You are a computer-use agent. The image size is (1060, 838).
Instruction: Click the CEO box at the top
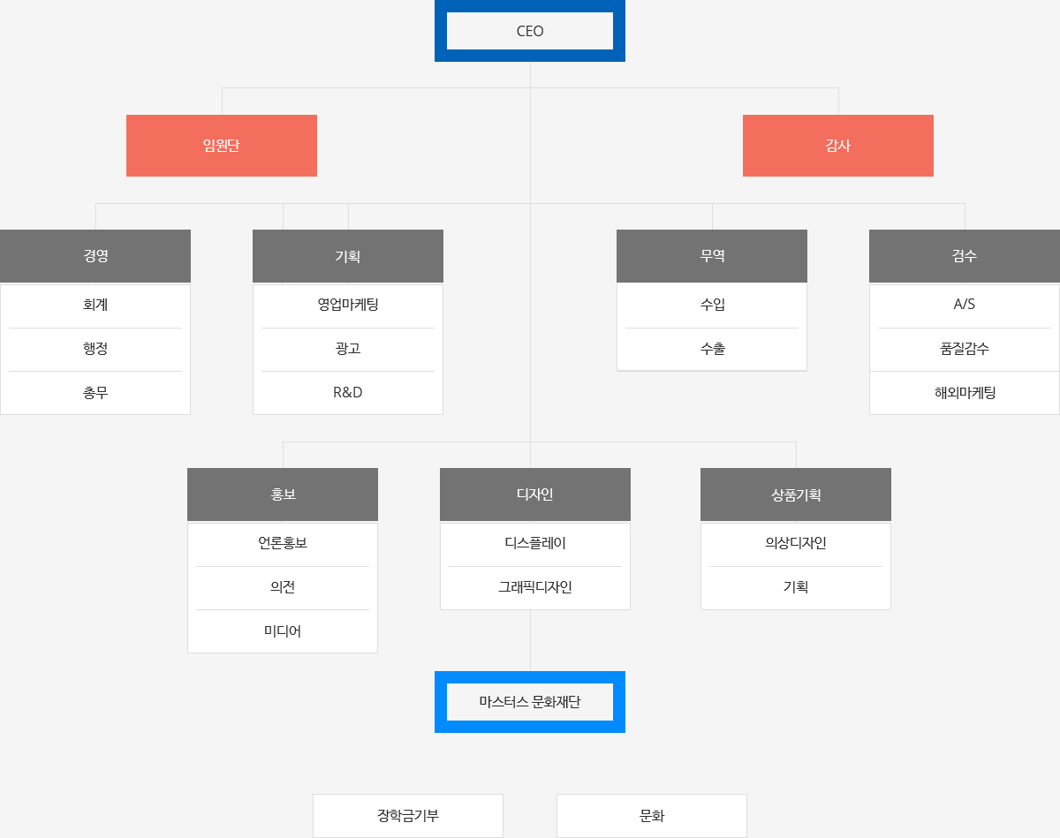tap(529, 31)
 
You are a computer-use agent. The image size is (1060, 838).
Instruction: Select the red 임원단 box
tap(221, 145)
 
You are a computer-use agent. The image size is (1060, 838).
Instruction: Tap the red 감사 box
tap(838, 145)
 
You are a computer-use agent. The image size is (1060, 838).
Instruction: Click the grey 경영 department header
tap(95, 255)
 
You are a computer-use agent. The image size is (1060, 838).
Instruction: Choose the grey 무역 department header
tap(712, 255)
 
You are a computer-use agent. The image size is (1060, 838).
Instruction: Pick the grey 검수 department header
tap(965, 255)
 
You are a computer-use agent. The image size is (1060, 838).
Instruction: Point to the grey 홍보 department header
tap(283, 494)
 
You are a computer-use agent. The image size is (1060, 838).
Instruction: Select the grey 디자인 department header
tap(535, 494)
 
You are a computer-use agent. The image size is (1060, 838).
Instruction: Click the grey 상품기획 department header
tap(796, 494)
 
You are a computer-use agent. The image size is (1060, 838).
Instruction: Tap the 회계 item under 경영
tap(95, 305)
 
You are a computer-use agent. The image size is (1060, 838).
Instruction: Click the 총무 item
tap(95, 392)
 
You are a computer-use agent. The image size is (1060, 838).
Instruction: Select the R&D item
tap(348, 392)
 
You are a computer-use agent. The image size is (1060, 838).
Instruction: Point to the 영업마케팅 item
tap(348, 305)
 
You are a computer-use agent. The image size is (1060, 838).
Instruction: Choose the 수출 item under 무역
tap(712, 349)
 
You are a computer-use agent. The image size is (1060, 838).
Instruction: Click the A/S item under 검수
tap(965, 305)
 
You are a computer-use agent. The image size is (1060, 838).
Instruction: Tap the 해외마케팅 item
tap(965, 392)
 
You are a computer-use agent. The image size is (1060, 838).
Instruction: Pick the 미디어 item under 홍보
tap(283, 630)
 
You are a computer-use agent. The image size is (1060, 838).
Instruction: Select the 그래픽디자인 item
tap(535, 587)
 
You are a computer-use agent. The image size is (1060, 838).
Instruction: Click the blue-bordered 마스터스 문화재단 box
tap(529, 702)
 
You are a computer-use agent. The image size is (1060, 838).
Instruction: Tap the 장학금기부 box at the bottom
tap(408, 816)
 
